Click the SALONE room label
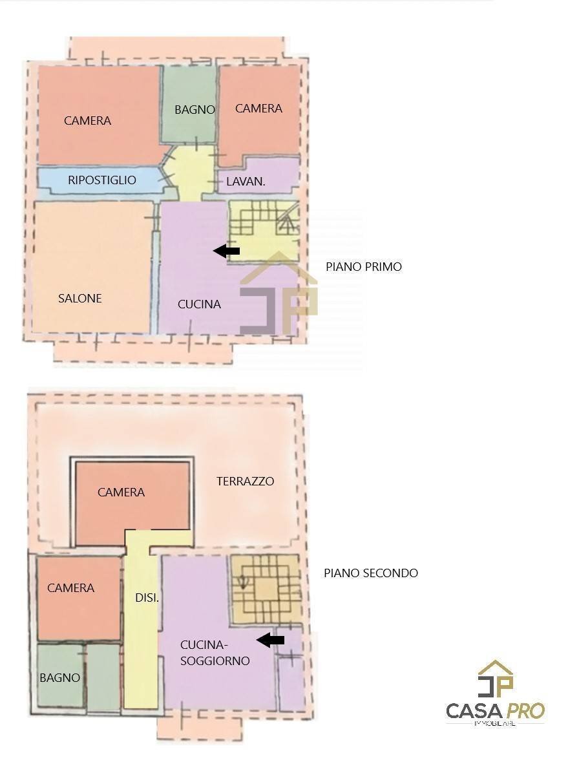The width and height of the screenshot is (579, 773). point(80,299)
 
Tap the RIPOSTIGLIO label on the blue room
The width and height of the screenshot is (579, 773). point(102,180)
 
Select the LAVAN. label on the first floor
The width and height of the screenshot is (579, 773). point(246,182)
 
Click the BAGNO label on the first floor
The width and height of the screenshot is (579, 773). point(195,110)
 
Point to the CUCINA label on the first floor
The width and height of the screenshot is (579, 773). point(199,304)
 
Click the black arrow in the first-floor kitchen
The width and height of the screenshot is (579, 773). point(227,251)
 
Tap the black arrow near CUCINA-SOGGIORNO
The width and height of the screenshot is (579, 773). point(271,640)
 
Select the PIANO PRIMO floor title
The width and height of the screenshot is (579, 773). point(363,267)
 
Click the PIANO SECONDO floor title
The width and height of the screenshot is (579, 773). point(370,573)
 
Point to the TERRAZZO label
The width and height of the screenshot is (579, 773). point(245,482)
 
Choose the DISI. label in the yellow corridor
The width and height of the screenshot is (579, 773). point(147,598)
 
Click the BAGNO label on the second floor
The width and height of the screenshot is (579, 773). point(60,678)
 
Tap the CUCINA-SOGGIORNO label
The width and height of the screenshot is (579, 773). point(215,653)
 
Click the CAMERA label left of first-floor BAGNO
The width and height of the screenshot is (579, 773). point(87,121)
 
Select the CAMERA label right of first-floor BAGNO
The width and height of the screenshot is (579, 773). point(258,109)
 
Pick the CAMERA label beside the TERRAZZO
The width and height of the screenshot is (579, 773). point(121,492)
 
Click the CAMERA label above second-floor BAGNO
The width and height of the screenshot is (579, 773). point(70,588)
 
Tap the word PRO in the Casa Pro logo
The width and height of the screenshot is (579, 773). point(525,711)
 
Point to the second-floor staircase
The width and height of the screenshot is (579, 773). point(265,589)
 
